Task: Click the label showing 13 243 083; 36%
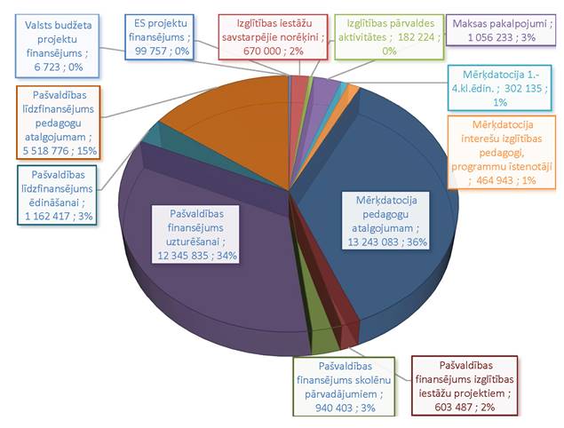[x=384, y=218]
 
